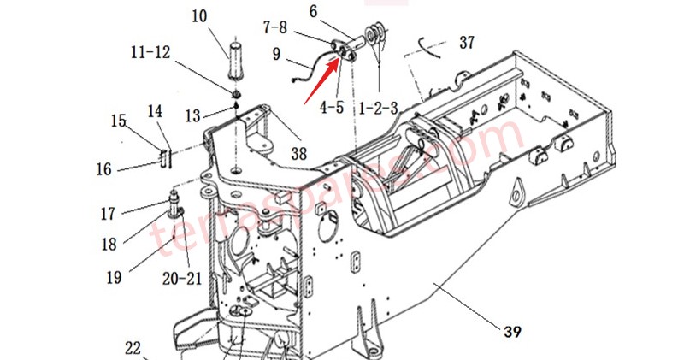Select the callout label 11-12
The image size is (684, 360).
coord(150,52)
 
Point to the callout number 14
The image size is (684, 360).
coord(155,111)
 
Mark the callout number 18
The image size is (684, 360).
coord(109,245)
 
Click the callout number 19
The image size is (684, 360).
coord(114,276)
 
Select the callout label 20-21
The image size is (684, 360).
coord(183,278)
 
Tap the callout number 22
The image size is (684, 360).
coord(133,348)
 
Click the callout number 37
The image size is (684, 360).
coord(467,42)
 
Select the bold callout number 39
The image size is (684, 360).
coord(512,330)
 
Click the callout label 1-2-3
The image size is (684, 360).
coord(378,109)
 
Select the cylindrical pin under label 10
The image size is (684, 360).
coord(236,57)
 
